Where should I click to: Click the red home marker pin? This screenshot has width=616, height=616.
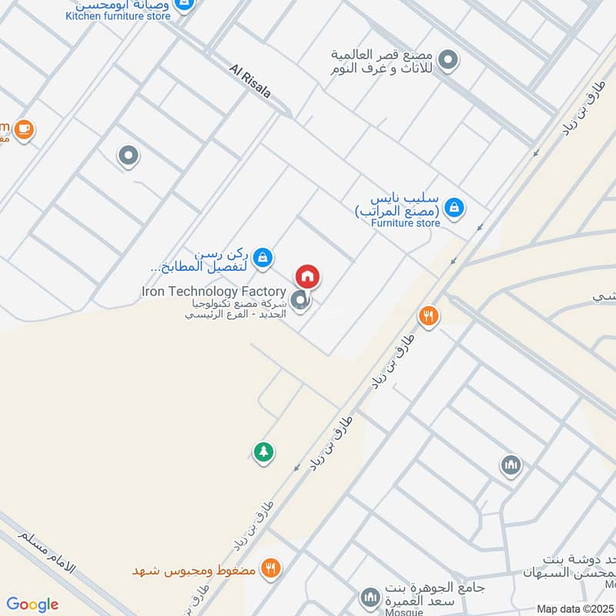pyautogui.click(x=308, y=276)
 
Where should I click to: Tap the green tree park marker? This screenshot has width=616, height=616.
pyautogui.click(x=264, y=452)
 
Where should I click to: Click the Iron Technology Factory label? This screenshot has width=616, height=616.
pyautogui.click(x=213, y=292)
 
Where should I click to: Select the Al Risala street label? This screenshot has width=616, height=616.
pyautogui.click(x=250, y=80)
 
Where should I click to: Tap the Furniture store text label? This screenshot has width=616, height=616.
pyautogui.click(x=405, y=223)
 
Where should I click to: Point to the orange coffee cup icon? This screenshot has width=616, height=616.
pyautogui.click(x=24, y=128)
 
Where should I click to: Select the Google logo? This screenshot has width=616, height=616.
pyautogui.click(x=32, y=604)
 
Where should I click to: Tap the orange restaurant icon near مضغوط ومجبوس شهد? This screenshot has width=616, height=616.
pyautogui.click(x=269, y=569)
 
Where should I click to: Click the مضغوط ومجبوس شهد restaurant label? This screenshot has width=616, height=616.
pyautogui.click(x=196, y=570)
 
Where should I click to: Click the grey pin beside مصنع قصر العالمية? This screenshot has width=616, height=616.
pyautogui.click(x=447, y=59)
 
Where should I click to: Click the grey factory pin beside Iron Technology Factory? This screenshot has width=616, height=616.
pyautogui.click(x=301, y=300)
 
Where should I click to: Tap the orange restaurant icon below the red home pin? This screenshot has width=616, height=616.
pyautogui.click(x=428, y=316)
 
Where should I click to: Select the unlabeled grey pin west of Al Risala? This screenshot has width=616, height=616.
pyautogui.click(x=128, y=157)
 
